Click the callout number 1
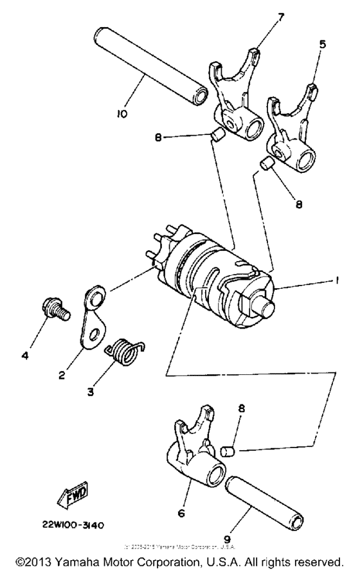(337, 280)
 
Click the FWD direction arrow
(75, 494)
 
